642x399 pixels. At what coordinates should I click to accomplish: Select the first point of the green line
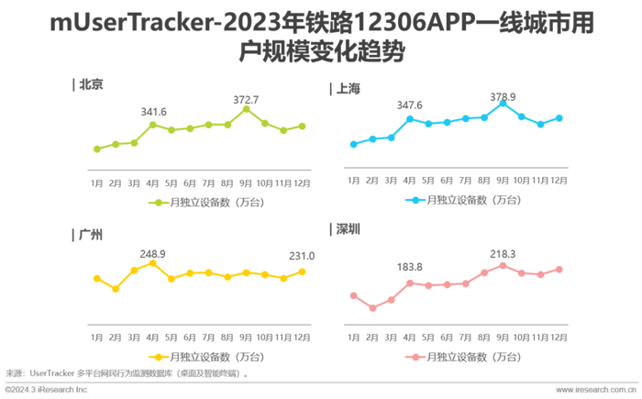click(95, 148)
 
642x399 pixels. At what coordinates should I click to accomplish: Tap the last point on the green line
click(303, 125)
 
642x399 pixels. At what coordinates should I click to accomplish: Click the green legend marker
click(159, 201)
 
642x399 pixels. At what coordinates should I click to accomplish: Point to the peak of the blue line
click(503, 103)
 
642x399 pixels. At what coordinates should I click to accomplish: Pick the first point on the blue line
click(351, 144)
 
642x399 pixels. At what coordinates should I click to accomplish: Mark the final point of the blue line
click(559, 116)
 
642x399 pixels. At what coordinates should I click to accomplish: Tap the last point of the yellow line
click(304, 270)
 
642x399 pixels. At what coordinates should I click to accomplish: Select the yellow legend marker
click(158, 356)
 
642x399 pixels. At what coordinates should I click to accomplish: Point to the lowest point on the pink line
click(371, 310)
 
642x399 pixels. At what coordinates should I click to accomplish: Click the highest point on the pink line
click(503, 264)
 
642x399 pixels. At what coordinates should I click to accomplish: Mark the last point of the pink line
click(560, 268)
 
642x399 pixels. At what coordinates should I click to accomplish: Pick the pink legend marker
click(415, 356)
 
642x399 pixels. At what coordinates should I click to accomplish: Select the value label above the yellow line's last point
click(303, 255)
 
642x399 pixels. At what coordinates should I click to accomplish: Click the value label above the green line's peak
click(245, 97)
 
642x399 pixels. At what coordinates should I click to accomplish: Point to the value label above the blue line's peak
click(503, 94)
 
